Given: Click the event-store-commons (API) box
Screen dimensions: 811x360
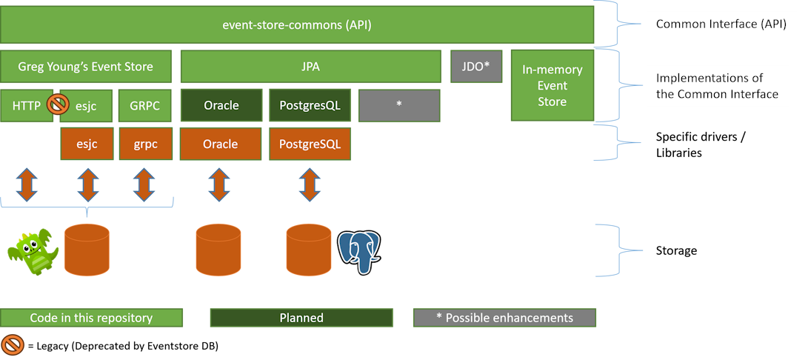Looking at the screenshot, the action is tap(297, 25).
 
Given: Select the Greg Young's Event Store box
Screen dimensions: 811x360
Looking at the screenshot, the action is tap(86, 66).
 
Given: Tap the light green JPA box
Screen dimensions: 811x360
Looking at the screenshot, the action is tap(310, 66).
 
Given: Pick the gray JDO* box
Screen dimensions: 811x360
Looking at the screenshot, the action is tap(475, 66).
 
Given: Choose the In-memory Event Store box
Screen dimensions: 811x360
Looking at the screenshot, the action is tap(553, 85).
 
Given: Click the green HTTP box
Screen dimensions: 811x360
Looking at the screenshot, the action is tap(27, 105).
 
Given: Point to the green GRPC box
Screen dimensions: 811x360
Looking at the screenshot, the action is tap(145, 105).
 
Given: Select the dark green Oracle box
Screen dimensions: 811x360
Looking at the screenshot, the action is tap(221, 105).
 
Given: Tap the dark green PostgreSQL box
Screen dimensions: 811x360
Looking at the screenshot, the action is tap(310, 105).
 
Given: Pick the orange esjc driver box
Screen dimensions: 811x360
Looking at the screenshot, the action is tap(87, 144).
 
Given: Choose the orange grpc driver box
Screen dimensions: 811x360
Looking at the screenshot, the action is tap(145, 144).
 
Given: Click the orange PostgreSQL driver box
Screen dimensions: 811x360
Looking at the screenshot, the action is tap(310, 144).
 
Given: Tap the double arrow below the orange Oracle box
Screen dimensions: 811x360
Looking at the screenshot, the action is tap(218, 184).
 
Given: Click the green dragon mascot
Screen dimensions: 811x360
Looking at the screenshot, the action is tap(33, 251).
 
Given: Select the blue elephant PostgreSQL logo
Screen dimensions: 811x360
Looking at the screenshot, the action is tap(359, 252).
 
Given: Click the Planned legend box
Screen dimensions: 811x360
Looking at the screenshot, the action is tap(301, 318).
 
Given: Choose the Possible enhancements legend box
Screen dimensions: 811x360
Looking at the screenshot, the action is tap(504, 318).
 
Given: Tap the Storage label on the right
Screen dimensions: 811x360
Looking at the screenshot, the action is tap(676, 251).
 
